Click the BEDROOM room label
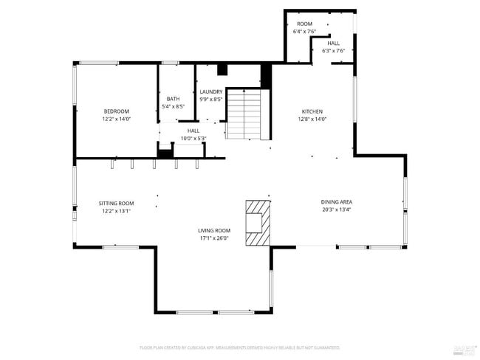(x=116, y=111)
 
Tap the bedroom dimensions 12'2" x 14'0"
(x=116, y=119)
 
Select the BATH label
(x=173, y=99)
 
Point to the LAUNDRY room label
(x=211, y=91)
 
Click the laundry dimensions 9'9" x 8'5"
(x=211, y=99)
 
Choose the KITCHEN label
(x=312, y=111)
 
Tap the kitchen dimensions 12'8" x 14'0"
(x=312, y=119)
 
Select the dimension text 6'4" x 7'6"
(x=304, y=32)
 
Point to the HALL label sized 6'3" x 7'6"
(x=334, y=44)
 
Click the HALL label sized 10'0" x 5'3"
(x=193, y=131)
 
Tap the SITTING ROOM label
(x=117, y=203)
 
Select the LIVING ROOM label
(x=214, y=230)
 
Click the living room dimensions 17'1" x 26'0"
(x=214, y=238)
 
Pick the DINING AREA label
(x=336, y=201)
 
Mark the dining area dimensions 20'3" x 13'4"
(x=336, y=210)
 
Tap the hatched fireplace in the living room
(x=258, y=223)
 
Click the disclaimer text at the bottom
(x=239, y=347)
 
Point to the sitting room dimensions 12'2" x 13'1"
(x=117, y=211)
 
